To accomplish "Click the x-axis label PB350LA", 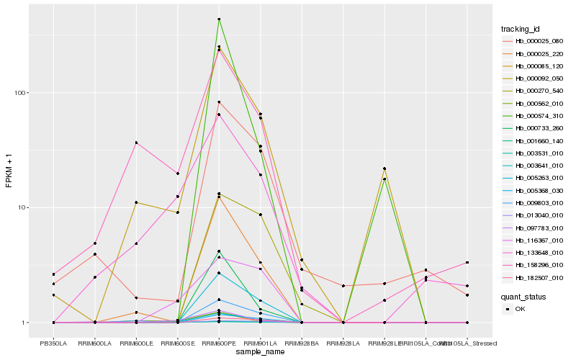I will click(53, 343).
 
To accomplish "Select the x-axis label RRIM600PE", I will click(219, 343).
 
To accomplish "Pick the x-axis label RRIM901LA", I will click(260, 343).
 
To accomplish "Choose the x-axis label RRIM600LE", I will click(136, 343).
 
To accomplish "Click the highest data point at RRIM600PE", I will click(219, 19).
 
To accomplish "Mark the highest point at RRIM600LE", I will click(136, 143).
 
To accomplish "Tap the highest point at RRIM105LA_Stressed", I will click(467, 263).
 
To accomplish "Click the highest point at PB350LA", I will click(53, 274).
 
